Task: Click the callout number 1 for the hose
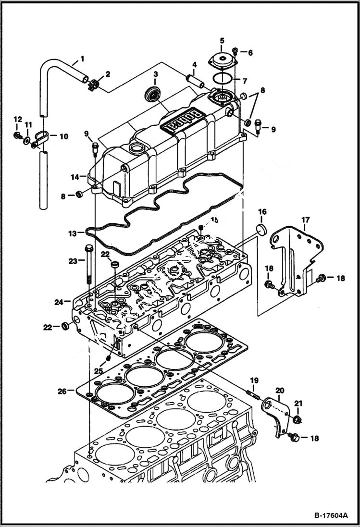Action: (82, 59)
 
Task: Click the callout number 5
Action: (222, 40)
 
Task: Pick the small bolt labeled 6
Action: (236, 50)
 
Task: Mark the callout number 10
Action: (63, 136)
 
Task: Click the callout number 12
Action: (17, 119)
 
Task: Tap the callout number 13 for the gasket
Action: (72, 233)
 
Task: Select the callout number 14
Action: (75, 177)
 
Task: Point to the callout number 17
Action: (305, 221)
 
